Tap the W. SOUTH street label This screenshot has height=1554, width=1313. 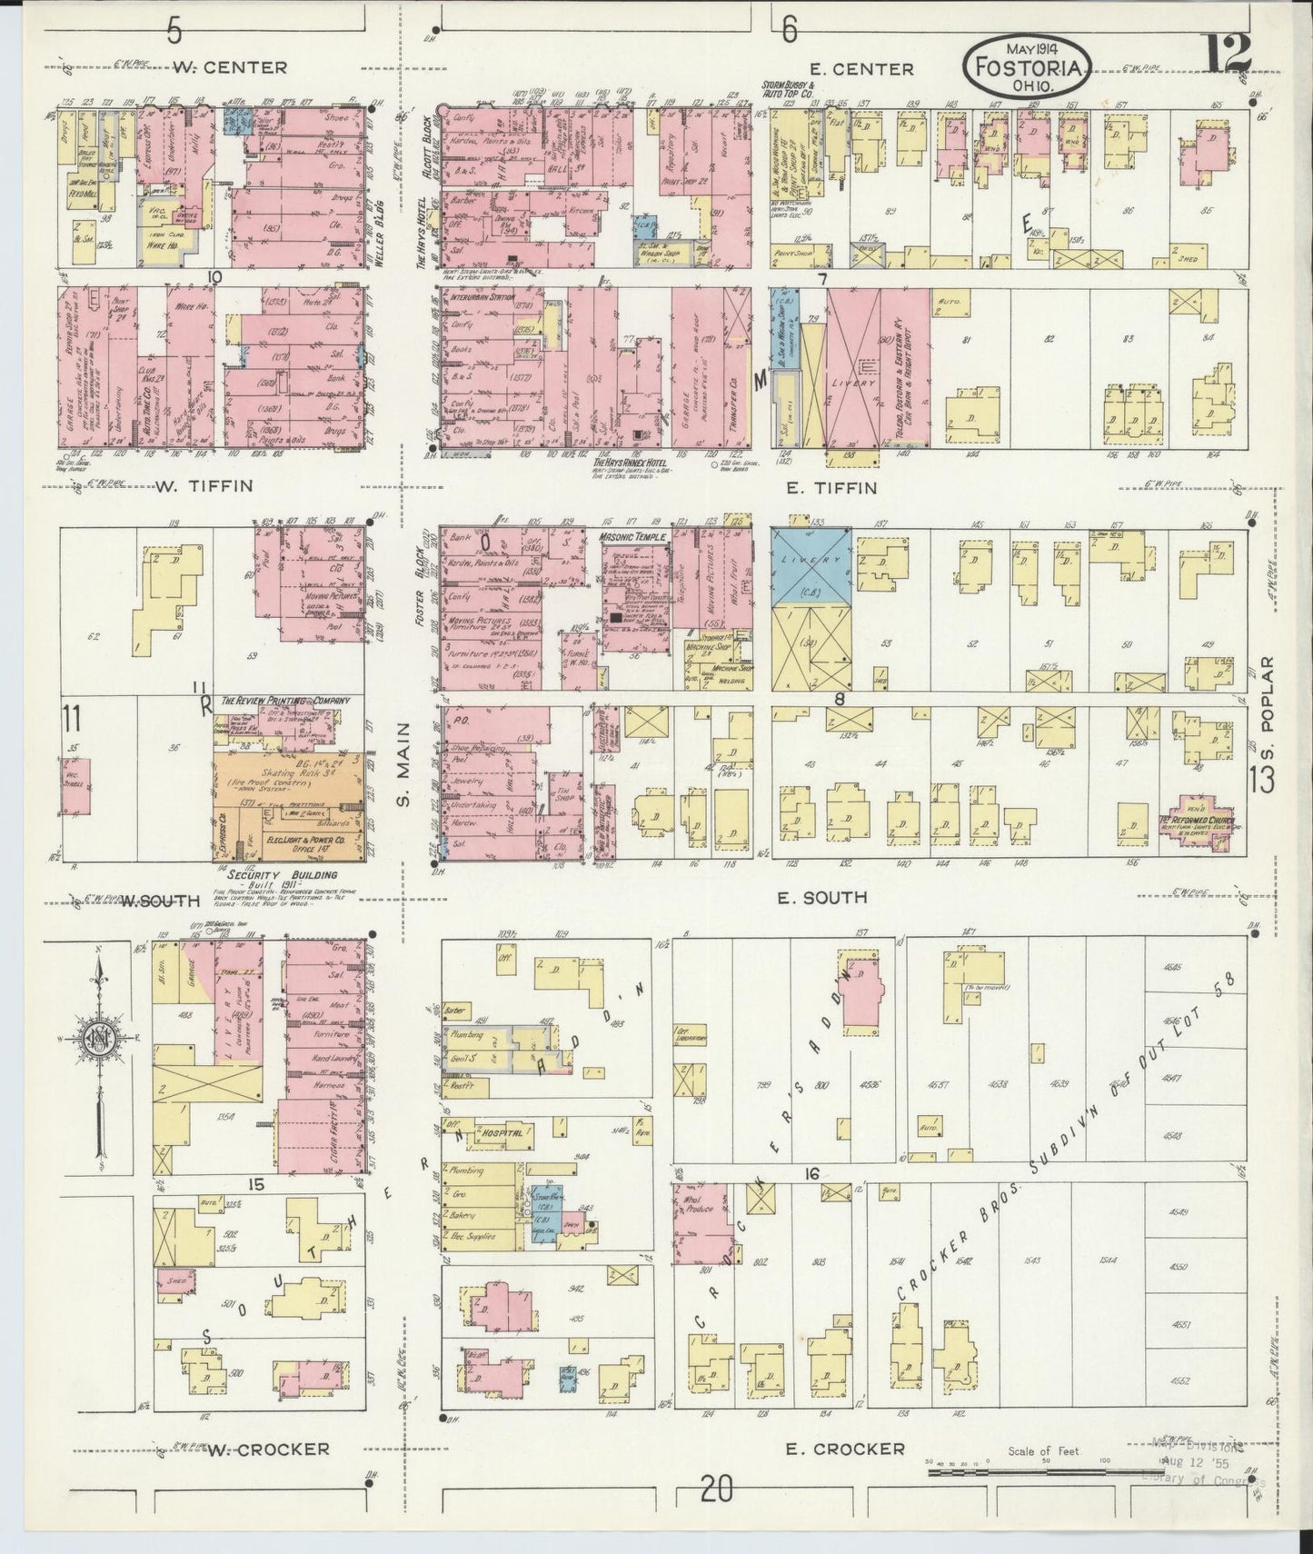(161, 901)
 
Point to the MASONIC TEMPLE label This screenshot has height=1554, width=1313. (633, 537)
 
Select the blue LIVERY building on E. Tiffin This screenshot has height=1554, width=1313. (811, 568)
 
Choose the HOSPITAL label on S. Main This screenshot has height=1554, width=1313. (501, 1134)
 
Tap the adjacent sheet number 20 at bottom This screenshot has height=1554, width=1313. (717, 1489)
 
